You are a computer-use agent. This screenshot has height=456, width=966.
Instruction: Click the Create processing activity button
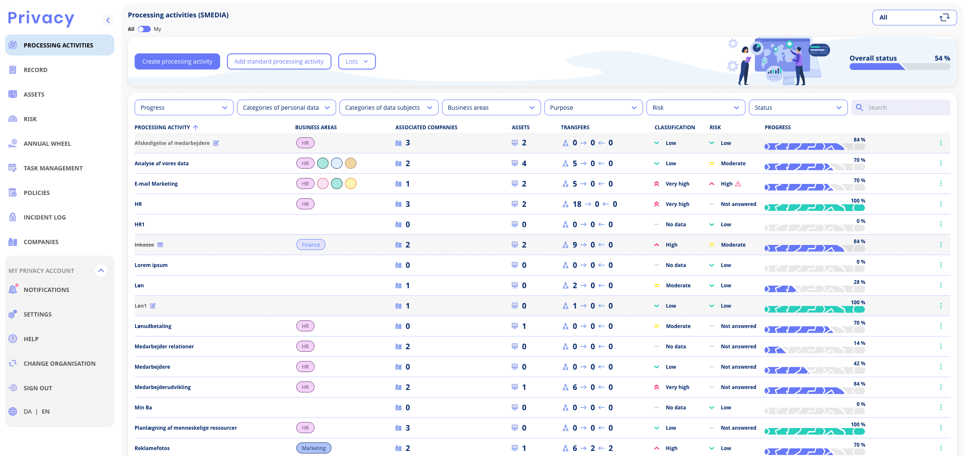pos(177,61)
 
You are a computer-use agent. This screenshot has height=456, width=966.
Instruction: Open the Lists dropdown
pos(357,61)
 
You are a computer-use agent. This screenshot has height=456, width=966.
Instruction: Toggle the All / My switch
pos(144,29)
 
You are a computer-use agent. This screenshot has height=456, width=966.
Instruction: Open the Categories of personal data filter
pos(286,108)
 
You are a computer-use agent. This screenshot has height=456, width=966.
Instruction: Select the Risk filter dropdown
pos(696,108)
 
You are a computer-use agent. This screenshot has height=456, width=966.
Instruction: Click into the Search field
pos(900,108)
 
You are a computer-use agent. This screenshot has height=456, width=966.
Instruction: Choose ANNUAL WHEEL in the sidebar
pos(47,144)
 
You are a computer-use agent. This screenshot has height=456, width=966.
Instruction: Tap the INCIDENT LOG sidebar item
pos(45,217)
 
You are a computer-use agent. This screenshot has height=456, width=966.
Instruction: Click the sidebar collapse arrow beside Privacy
pos(108,20)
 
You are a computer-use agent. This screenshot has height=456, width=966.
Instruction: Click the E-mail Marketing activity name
pos(156,184)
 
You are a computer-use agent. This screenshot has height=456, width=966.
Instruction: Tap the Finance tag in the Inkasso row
pos(311,245)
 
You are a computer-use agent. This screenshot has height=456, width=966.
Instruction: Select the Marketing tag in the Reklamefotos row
pos(314,448)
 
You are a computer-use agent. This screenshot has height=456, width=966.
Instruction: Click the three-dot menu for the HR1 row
pos(941,224)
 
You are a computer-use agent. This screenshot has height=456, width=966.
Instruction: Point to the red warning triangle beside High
pos(738,184)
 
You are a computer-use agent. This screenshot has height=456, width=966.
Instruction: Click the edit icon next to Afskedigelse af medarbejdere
pos(216,143)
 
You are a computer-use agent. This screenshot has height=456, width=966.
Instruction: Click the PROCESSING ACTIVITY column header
pos(163,128)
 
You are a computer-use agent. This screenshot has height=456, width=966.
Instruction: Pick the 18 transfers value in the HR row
pos(577,204)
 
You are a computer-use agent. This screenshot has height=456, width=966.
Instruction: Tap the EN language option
pos(46,412)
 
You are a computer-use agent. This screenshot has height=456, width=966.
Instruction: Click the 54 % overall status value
pos(942,58)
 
